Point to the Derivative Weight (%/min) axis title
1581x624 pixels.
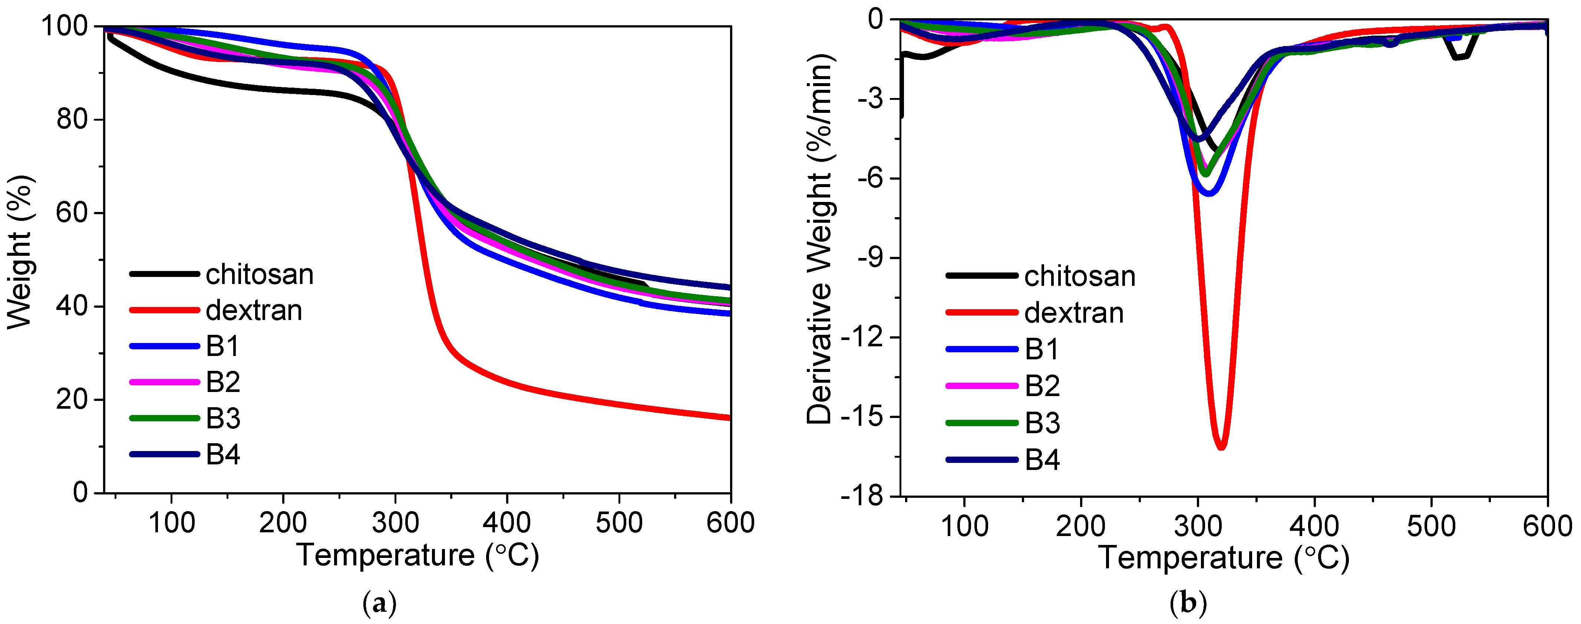[819, 239]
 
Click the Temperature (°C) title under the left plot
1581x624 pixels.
[417, 555]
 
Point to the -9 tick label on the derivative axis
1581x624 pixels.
[870, 258]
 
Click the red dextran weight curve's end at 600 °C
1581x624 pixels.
[729, 418]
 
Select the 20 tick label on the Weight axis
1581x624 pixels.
[72, 400]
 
